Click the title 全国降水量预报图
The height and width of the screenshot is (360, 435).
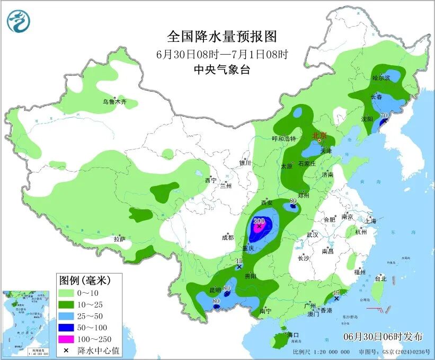[222, 37]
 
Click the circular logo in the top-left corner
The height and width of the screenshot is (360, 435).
[19, 22]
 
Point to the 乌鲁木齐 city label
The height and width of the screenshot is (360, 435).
[115, 101]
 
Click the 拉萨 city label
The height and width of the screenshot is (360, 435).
[120, 239]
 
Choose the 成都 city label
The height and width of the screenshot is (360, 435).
[228, 238]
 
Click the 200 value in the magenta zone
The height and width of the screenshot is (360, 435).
[259, 221]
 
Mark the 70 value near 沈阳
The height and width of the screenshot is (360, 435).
[385, 115]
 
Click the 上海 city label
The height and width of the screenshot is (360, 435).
[371, 220]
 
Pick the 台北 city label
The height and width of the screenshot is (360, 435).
[380, 278]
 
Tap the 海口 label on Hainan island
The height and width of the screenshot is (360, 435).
[293, 335]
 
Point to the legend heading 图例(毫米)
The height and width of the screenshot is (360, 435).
[88, 279]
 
